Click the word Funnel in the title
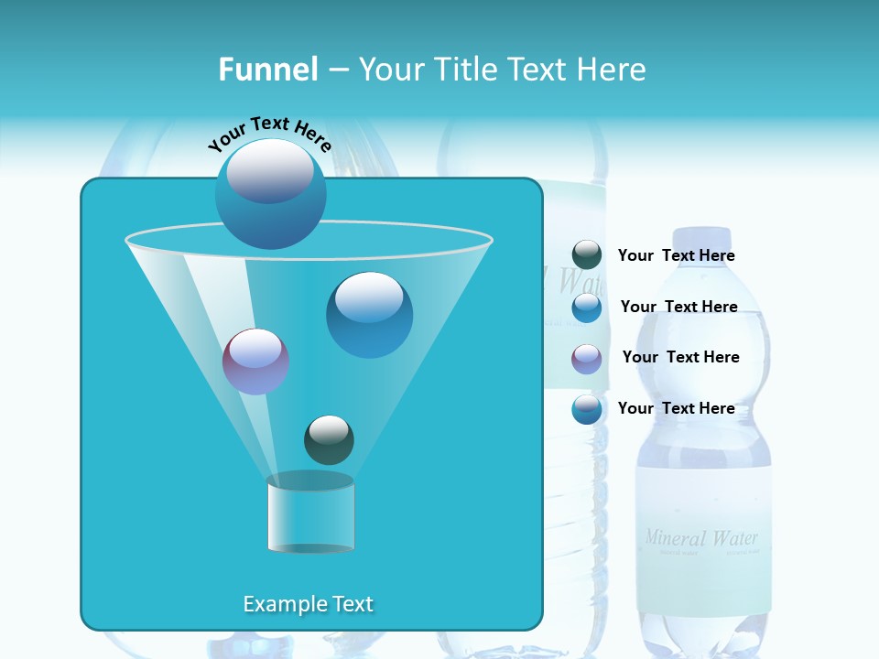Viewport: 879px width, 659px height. pos(267,70)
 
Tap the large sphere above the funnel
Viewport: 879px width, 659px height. pos(270,193)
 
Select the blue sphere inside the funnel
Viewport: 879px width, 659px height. pos(369,314)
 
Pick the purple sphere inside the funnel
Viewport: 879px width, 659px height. pos(255,362)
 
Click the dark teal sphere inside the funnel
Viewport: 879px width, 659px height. pos(329,439)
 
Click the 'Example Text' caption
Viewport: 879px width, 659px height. pos(308,604)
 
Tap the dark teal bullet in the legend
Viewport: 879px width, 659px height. pos(586,255)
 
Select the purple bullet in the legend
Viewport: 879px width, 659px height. pos(586,359)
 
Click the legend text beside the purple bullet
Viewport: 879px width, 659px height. pos(680,357)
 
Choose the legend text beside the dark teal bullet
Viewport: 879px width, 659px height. pos(676,255)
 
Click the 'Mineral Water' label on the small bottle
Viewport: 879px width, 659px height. pos(701,537)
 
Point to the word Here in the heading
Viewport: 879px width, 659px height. pos(612,70)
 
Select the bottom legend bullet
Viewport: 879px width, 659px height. pos(586,409)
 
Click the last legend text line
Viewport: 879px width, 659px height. pos(676,408)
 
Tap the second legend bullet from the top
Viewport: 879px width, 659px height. pos(586,308)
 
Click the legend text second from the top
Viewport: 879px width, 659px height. pos(678,307)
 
